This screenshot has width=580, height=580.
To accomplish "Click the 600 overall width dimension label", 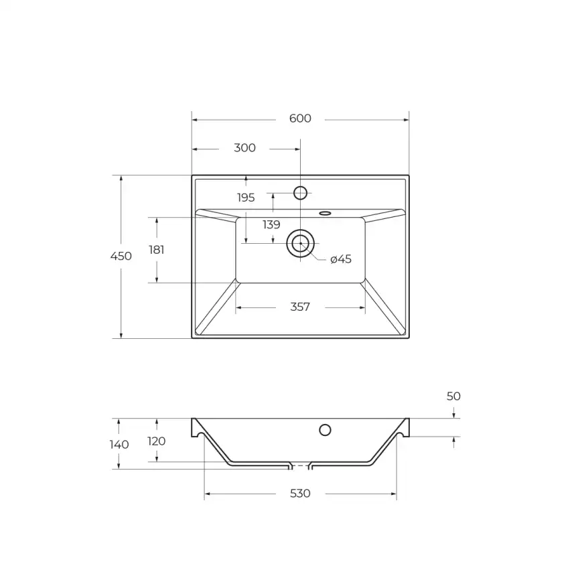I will coord(300,119).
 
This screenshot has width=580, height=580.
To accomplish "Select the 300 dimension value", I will coord(244,148).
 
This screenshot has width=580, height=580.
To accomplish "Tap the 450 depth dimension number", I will coord(121,256).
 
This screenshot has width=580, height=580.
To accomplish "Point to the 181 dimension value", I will coord(157,250).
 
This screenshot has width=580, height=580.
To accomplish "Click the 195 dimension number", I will coord(246,198).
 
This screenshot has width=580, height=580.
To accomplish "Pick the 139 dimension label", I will coord(271,225).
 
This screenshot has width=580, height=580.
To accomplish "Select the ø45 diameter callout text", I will coord(341,259).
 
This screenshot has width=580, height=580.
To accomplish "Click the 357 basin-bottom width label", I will coord(300,307).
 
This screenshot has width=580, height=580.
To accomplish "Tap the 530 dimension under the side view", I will coord(300,494).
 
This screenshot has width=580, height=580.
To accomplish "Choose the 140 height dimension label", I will coord(119,445).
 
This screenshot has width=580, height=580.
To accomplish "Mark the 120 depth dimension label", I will coord(156,441).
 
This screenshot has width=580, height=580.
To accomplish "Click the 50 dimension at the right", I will coord(453,396).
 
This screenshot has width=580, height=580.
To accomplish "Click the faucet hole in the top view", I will coord(300,193).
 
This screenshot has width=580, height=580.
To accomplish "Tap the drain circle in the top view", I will coord(300,243).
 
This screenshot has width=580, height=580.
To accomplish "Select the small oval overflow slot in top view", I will coord(325,214).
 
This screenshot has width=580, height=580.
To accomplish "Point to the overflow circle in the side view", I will coord(325,430).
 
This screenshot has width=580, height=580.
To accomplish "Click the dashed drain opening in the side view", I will coord(300,465).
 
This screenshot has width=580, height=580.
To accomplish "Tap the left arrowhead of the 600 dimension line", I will coord(195,120).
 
